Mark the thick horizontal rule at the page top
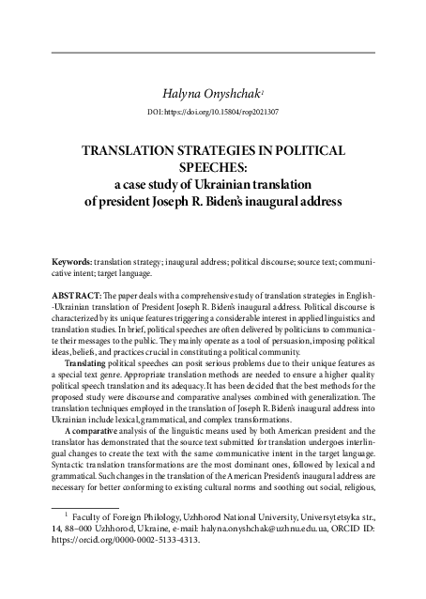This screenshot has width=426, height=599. click(213, 53)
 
